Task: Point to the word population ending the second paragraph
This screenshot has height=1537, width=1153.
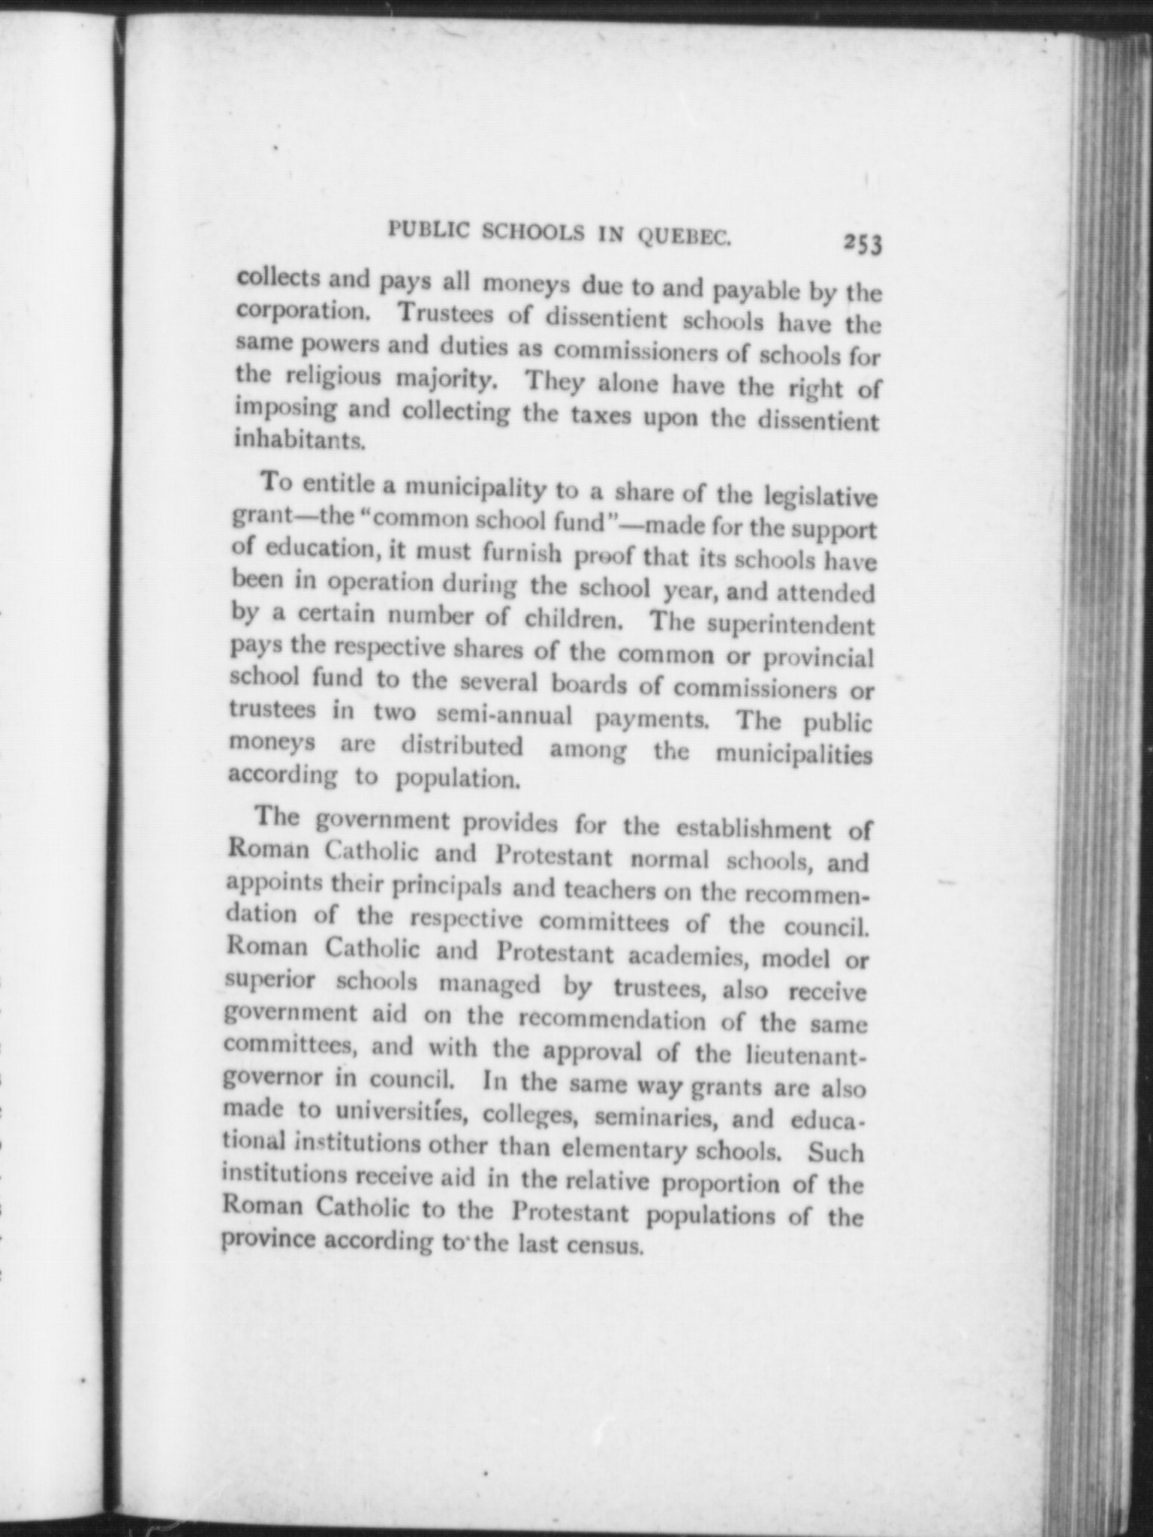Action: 457,778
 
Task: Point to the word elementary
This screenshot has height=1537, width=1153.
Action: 627,1149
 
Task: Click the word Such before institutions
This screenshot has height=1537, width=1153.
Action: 836,1152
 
